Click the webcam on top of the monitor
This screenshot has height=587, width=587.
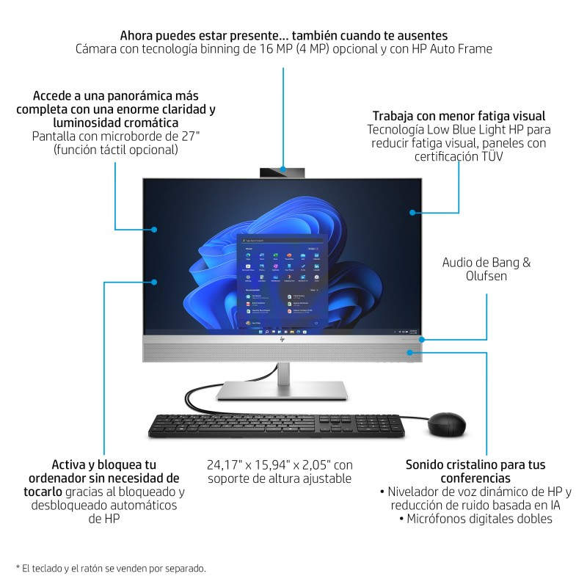pyautogui.click(x=283, y=172)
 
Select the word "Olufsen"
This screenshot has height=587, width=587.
pyautogui.click(x=486, y=277)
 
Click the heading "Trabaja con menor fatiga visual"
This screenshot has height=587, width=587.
pyautogui.click(x=459, y=116)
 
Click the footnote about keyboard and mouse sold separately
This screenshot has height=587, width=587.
pyautogui.click(x=111, y=568)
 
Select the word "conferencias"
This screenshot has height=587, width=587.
pyautogui.click(x=475, y=478)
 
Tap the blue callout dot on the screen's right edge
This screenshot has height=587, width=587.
pyautogui.click(x=413, y=213)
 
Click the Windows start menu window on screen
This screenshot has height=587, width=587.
pyautogui.click(x=282, y=282)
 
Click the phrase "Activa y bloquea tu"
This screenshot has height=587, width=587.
pyautogui.click(x=104, y=464)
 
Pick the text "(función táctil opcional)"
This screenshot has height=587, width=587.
pyautogui.click(x=116, y=150)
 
